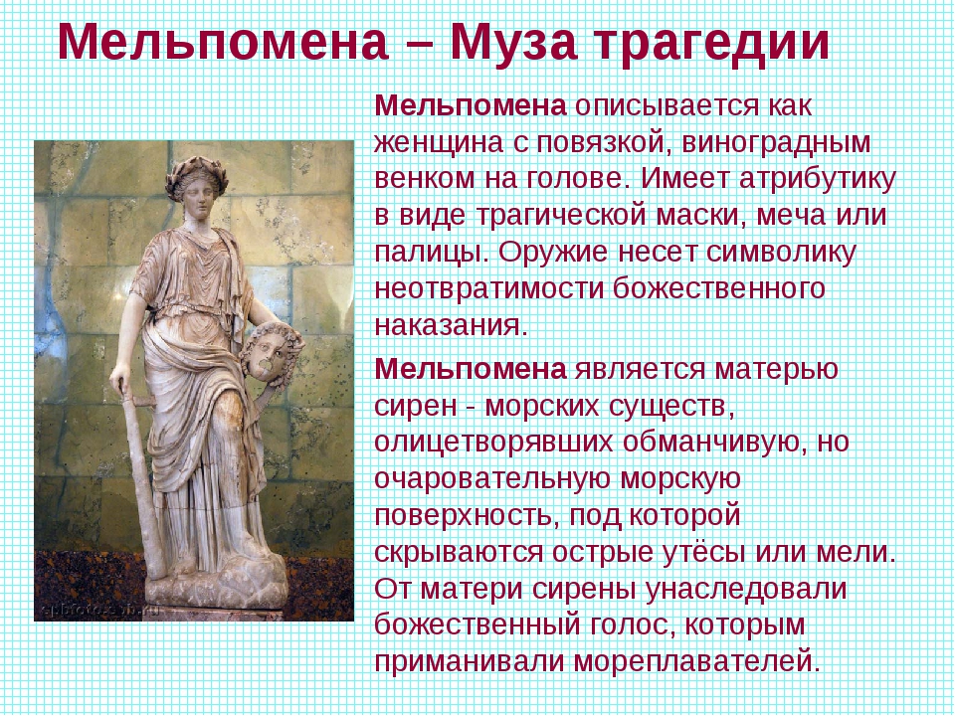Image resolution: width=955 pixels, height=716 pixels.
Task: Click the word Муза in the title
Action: [513, 43]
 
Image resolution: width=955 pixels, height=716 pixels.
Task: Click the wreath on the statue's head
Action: [197, 172]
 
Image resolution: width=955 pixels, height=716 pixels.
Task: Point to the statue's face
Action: [201, 194]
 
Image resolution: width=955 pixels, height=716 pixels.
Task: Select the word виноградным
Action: [776, 143]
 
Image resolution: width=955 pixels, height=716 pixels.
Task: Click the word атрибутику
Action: [818, 180]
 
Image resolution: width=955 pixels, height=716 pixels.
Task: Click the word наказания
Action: [449, 326]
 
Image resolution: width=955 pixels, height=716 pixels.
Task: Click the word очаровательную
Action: [492, 479]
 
